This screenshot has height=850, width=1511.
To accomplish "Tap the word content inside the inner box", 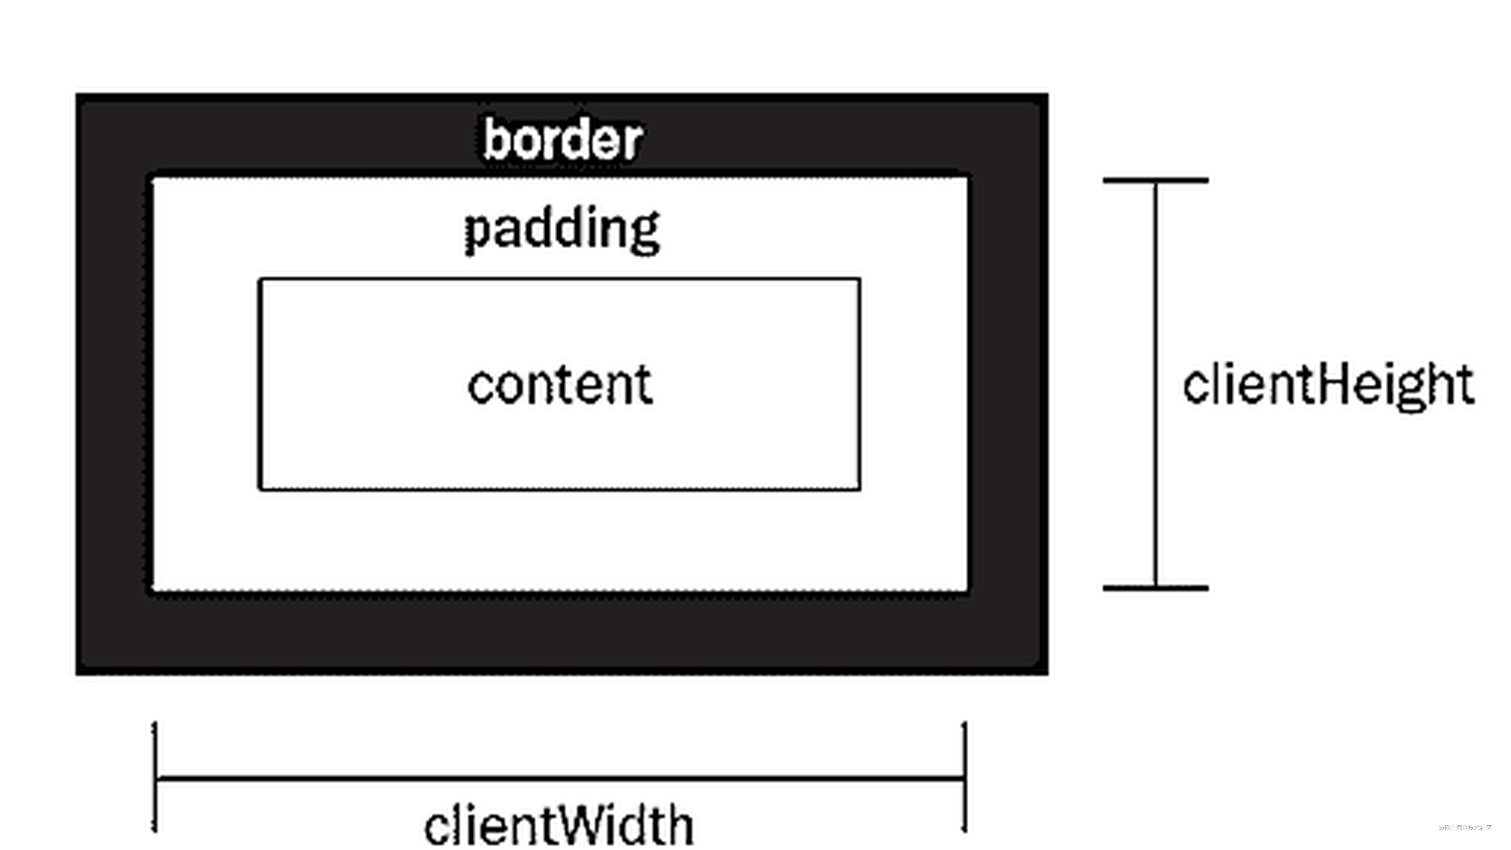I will pyautogui.click(x=560, y=385).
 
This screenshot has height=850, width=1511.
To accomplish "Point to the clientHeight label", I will pyautogui.click(x=1328, y=385).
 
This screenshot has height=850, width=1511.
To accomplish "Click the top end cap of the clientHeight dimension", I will pyautogui.click(x=1156, y=180).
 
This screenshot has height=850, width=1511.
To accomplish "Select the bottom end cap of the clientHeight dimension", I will pyautogui.click(x=1156, y=587).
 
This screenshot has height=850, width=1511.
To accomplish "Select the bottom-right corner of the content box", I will pyautogui.click(x=859, y=488).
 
